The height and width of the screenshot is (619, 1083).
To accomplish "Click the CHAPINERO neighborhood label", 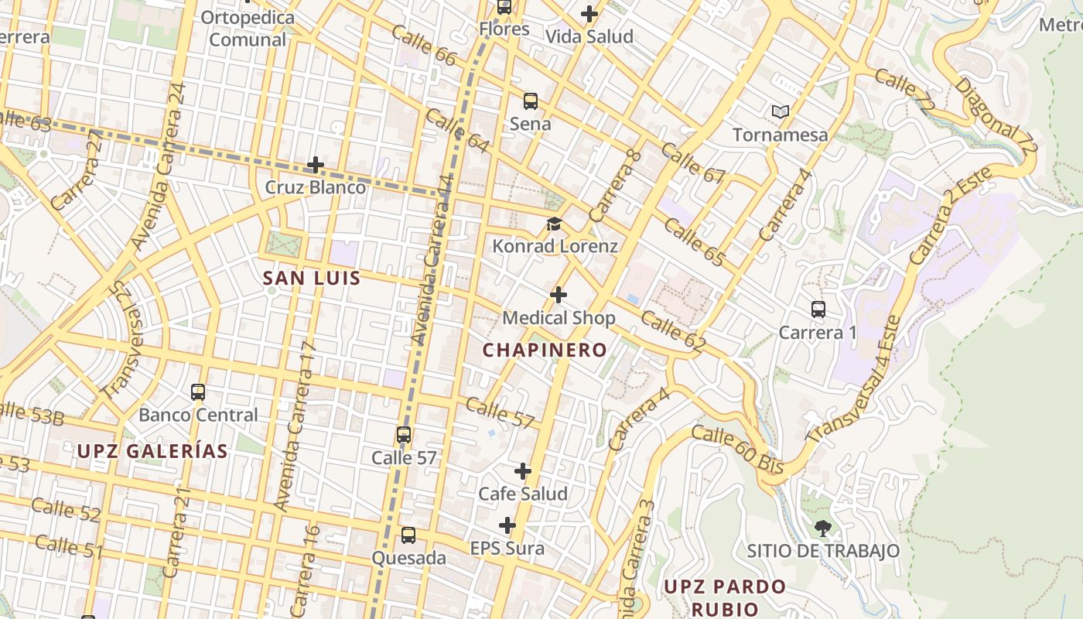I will click(545, 350).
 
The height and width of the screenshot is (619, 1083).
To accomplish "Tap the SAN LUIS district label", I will click(312, 279).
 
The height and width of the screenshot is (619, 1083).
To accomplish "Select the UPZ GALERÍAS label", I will click(152, 451).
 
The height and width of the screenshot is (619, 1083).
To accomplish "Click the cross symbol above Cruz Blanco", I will click(316, 165).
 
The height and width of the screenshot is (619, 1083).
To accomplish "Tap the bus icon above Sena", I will click(531, 101).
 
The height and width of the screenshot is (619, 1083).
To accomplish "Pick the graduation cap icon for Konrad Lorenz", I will click(554, 224).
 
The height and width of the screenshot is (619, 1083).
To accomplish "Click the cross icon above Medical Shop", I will click(559, 295).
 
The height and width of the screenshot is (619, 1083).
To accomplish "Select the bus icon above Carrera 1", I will click(818, 309).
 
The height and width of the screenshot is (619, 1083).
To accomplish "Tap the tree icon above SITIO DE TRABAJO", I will click(823, 528).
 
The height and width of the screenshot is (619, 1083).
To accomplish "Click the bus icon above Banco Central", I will click(198, 392).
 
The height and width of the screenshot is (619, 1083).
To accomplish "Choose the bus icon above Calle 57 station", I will click(404, 435).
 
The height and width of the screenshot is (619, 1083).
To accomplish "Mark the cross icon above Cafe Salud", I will click(523, 471).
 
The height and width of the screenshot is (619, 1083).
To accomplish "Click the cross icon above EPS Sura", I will click(507, 526).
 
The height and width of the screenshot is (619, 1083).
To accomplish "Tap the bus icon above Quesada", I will click(408, 535).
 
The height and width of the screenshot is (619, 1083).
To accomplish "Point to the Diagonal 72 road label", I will click(996, 115).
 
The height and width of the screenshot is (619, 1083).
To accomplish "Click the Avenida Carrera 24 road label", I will click(159, 166).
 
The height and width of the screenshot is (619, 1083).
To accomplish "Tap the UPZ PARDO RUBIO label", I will click(725, 597).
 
